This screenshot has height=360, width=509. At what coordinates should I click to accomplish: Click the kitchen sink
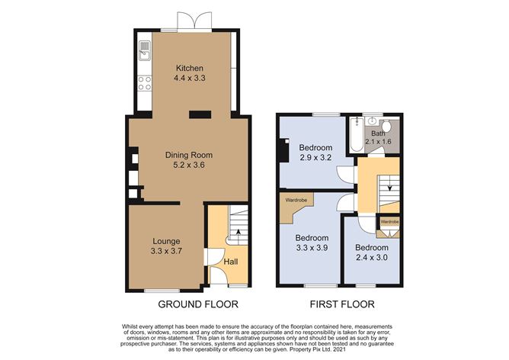coord(143,52)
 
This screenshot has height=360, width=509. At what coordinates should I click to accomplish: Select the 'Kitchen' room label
coord(190,68)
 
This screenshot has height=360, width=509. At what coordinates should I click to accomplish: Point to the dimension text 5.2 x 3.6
coord(187,164)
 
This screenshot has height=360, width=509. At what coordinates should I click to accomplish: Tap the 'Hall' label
coord(229,262)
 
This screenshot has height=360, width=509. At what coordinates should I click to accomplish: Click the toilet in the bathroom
coord(386,126)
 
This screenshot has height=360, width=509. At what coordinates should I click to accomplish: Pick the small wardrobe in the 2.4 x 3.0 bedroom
coord(389,223)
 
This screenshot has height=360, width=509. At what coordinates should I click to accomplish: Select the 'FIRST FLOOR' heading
coord(341,304)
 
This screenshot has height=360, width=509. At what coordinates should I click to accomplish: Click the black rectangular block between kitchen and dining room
coord(200,114)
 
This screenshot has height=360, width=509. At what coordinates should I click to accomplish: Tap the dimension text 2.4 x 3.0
coord(373,257)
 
